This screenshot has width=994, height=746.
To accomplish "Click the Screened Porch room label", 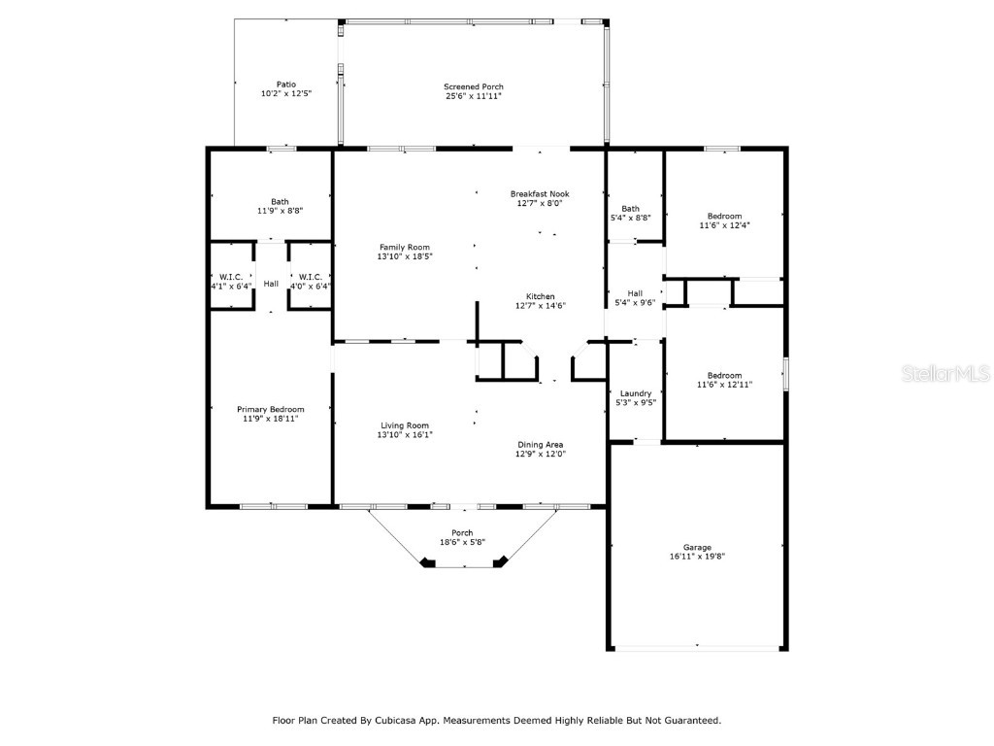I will [x=474, y=86].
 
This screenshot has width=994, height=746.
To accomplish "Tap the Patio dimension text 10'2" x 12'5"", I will [x=285, y=94].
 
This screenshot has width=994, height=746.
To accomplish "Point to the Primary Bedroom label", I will [x=271, y=409].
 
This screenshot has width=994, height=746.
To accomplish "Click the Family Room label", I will [x=405, y=247].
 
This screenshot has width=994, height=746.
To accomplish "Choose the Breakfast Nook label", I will [x=540, y=193].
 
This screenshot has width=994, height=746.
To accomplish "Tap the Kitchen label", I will [x=541, y=296].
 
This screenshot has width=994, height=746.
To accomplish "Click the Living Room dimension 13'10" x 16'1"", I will [x=405, y=435].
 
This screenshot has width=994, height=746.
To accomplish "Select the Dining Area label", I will [x=541, y=444].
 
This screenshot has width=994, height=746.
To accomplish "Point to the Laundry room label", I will [x=636, y=393].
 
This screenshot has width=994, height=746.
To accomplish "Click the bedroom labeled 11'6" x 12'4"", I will [x=724, y=220].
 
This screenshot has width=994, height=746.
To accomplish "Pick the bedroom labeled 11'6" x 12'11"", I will [x=724, y=380].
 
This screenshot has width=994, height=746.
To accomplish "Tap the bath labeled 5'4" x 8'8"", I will [x=631, y=213].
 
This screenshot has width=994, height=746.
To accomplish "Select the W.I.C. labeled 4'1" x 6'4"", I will [x=231, y=282].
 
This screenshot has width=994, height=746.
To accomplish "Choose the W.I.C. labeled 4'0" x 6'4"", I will [x=311, y=282].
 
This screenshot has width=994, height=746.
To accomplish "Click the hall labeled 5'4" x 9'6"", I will [x=635, y=298].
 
